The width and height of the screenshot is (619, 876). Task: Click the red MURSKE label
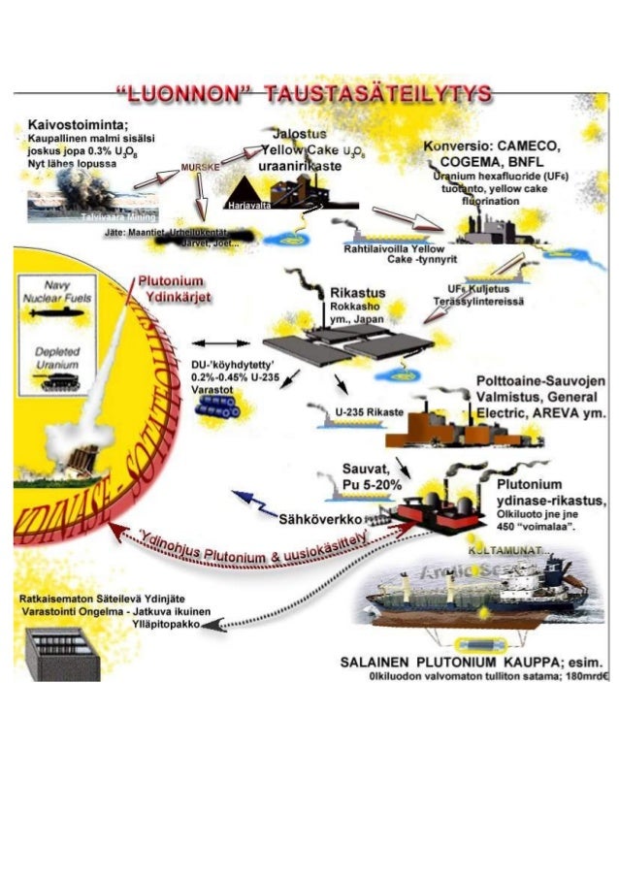coord(198,167)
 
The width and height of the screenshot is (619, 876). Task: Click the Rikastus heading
coord(357,292)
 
